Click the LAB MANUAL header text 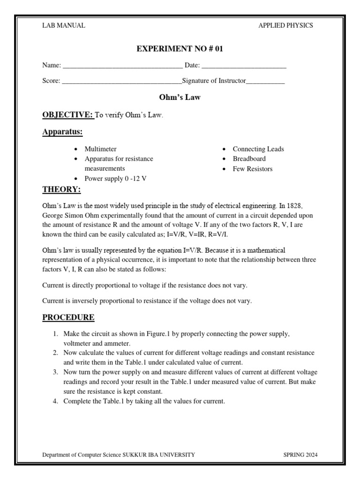click(x=64, y=26)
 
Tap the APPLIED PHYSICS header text click(x=285, y=26)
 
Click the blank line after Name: click(x=122, y=67)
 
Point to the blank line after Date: click(x=244, y=67)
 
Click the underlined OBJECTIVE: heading click(x=68, y=115)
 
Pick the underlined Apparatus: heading click(x=62, y=132)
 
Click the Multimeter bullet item click(x=100, y=149)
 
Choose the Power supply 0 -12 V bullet click(x=115, y=179)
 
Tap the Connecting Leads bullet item click(x=258, y=149)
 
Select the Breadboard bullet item click(x=249, y=159)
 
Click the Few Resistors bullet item click(x=252, y=169)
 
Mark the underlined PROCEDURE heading click(x=68, y=318)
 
